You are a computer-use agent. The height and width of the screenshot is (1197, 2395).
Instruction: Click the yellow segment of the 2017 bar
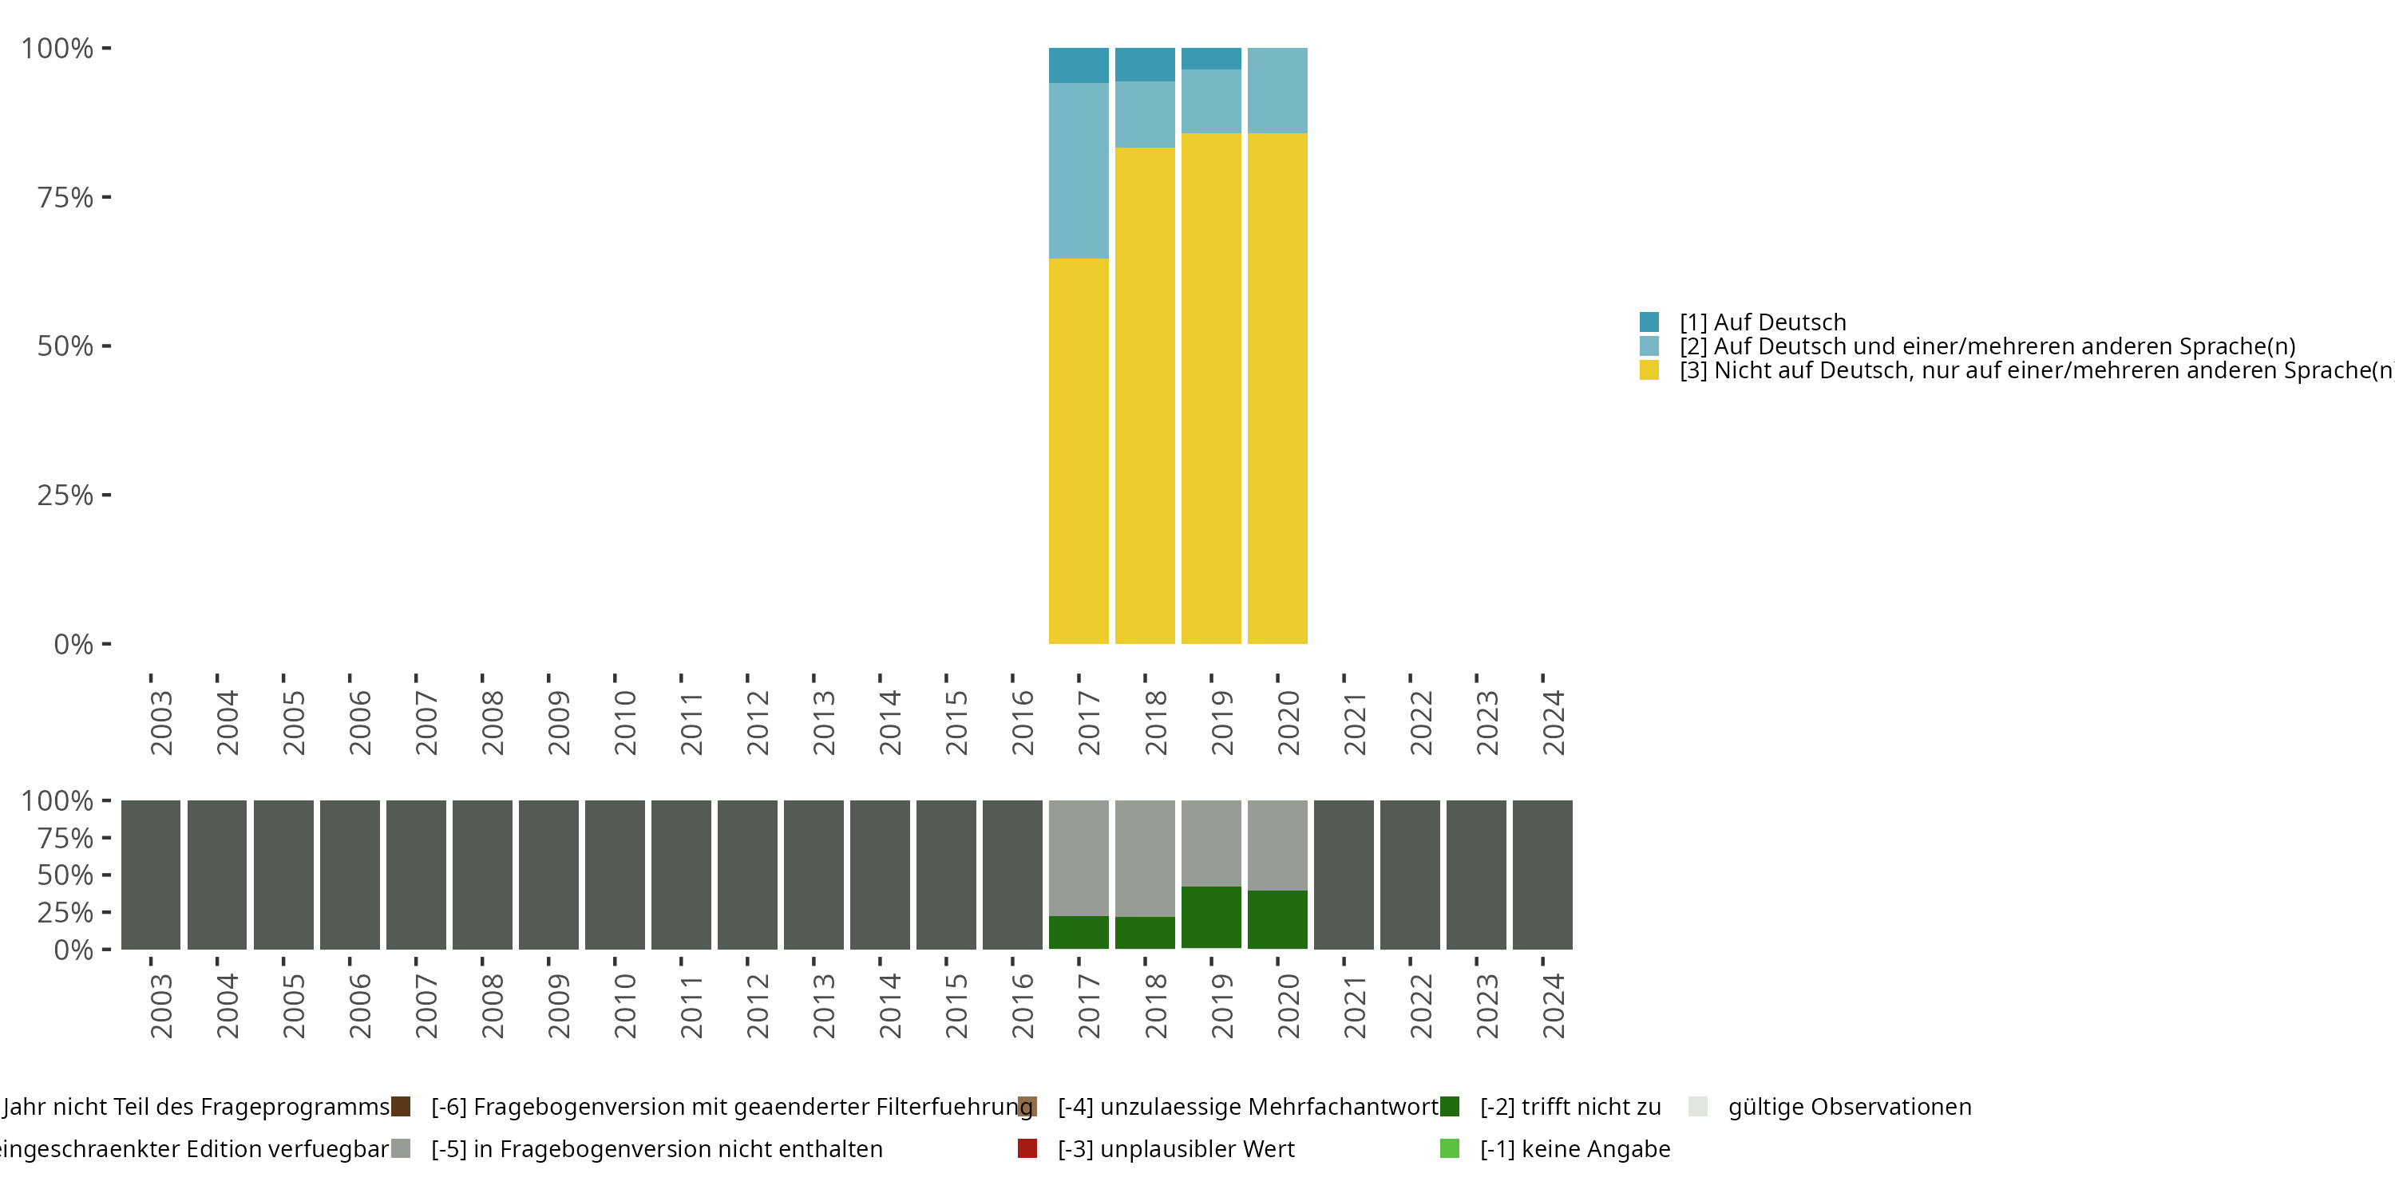point(1079,451)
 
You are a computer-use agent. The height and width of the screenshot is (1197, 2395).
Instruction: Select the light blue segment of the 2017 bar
point(1079,170)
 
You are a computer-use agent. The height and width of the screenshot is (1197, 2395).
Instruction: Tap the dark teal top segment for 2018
point(1145,64)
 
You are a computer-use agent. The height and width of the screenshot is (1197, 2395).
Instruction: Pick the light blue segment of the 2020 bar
point(1277,90)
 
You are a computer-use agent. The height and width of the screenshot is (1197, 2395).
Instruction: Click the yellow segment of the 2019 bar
point(1210,389)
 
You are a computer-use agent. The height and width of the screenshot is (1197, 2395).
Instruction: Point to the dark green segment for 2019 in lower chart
point(1210,917)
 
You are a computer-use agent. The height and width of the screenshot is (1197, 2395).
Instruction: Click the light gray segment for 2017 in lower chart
point(1079,858)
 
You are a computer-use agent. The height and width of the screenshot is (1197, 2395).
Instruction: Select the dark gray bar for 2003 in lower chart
point(151,875)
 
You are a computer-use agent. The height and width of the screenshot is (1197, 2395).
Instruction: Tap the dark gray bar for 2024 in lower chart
point(1542,875)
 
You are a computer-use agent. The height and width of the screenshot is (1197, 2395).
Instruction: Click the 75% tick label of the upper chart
point(65,197)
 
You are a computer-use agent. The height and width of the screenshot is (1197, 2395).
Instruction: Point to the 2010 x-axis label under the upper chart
point(625,722)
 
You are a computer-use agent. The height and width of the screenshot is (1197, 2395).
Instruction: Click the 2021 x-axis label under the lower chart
point(1354,1005)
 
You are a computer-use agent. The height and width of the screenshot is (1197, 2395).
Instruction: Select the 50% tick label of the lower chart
point(65,875)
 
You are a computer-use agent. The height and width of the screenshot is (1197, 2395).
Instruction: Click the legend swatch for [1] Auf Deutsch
point(1649,322)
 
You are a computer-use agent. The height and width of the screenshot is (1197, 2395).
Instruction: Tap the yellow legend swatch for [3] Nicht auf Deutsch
point(1649,370)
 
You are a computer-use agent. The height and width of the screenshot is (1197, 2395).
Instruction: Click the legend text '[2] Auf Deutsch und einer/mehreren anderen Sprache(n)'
point(1987,346)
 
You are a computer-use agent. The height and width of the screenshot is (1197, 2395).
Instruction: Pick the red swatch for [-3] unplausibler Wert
point(1027,1148)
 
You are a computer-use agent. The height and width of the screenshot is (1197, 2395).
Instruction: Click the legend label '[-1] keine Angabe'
point(1575,1148)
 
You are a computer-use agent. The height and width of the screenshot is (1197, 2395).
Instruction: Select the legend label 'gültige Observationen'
point(1849,1106)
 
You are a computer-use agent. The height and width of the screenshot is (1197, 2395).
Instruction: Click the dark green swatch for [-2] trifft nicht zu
point(1450,1106)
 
